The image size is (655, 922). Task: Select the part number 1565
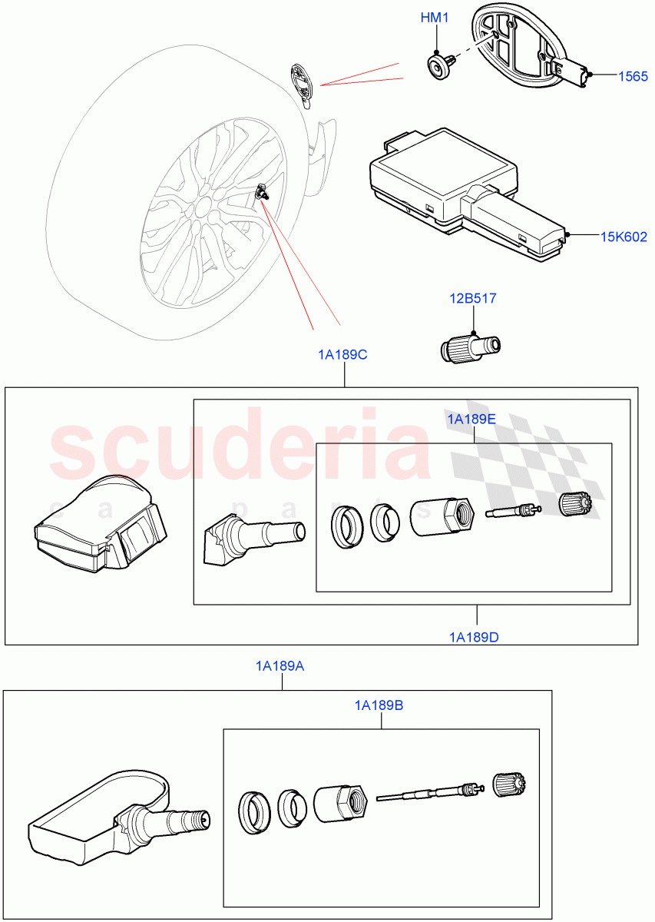[633, 75]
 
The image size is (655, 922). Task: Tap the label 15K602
[623, 237]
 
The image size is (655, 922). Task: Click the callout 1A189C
[342, 355]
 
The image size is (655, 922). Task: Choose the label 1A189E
[471, 419]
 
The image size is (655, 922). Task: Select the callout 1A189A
[280, 666]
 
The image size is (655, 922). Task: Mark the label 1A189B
[379, 705]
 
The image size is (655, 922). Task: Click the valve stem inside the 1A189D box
[253, 537]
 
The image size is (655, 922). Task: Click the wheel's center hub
[203, 208]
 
